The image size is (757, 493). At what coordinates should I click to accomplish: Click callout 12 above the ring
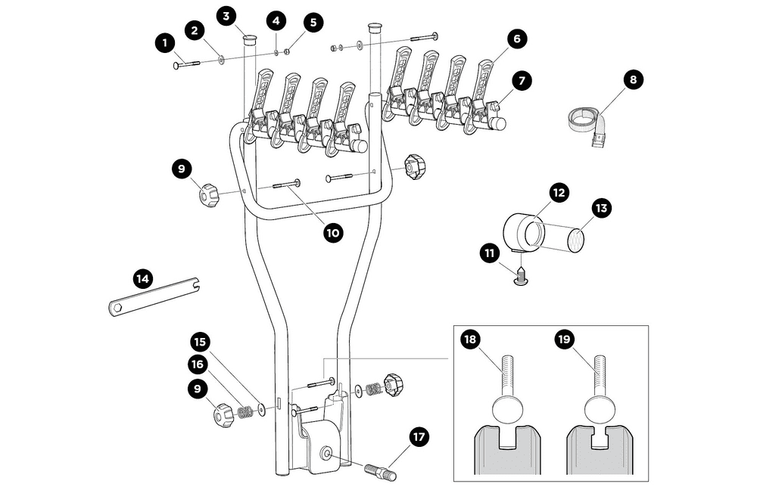(x=559, y=194)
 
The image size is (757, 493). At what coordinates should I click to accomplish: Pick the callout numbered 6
(x=516, y=39)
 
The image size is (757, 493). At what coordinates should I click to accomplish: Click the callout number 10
(x=332, y=233)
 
